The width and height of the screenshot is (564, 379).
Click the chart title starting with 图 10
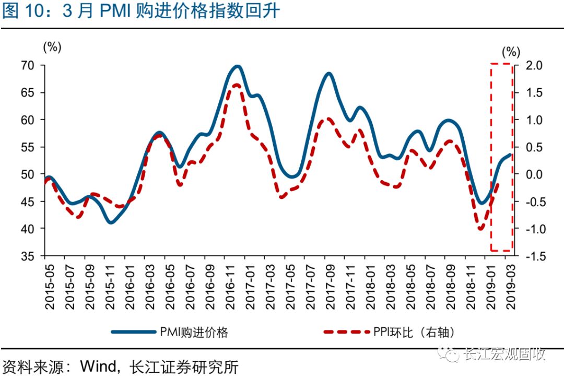click(141, 11)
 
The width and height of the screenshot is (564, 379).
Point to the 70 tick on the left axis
click(27, 65)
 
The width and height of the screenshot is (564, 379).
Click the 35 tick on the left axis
click(27, 256)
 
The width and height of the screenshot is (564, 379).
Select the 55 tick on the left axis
click(27, 147)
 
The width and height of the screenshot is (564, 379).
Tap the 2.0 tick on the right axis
click(529, 65)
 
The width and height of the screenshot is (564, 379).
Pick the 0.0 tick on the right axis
click(529, 174)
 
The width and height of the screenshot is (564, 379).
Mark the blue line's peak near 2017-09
click(328, 74)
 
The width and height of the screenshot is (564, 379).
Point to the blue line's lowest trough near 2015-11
click(110, 222)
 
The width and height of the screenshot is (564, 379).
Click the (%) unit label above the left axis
click(52, 47)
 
